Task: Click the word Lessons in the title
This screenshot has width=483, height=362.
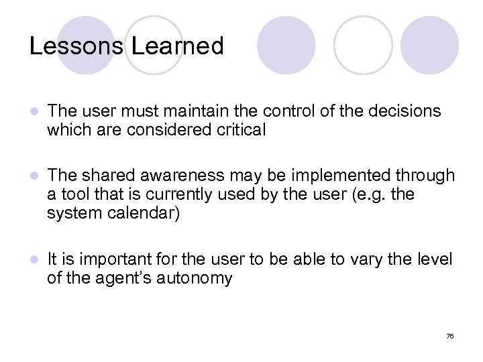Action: (x=76, y=46)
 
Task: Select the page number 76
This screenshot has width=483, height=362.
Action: (x=450, y=336)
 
